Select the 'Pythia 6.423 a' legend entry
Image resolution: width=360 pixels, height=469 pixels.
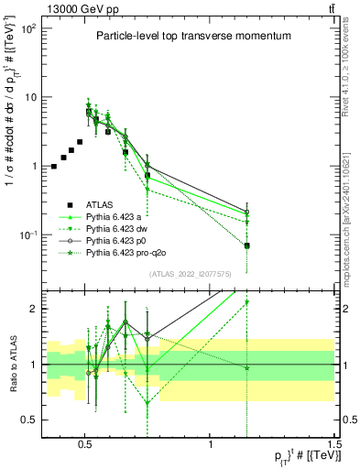[116, 216]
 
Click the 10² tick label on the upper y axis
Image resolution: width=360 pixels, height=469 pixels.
[28, 29]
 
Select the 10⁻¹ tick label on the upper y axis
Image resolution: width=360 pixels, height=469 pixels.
[28, 235]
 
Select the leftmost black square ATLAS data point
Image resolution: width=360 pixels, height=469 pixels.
[54, 167]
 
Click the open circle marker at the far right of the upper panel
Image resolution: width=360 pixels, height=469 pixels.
[246, 213]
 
